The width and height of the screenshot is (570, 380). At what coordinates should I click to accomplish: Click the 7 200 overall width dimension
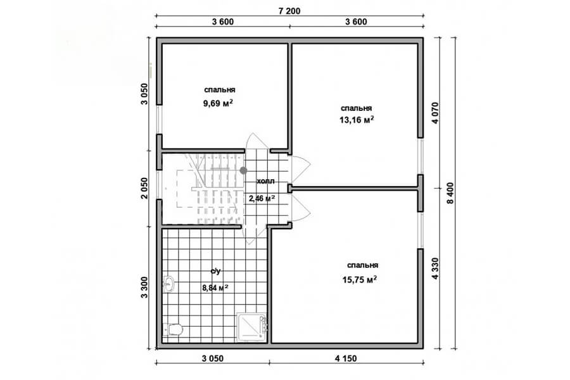click(x=289, y=11)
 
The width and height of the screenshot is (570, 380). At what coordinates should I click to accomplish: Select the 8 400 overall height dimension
click(x=450, y=193)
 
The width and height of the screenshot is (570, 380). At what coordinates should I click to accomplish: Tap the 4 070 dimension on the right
click(x=436, y=113)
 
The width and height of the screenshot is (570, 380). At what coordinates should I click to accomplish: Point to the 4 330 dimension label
click(x=436, y=269)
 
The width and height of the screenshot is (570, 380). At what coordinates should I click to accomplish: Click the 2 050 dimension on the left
click(x=144, y=188)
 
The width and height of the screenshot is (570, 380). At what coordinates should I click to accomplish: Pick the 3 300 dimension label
click(x=144, y=288)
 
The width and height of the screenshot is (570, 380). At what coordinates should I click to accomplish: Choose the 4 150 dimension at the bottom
click(x=346, y=358)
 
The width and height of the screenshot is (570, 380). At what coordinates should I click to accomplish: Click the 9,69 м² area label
click(x=218, y=103)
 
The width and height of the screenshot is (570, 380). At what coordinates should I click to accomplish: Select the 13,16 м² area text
click(x=357, y=120)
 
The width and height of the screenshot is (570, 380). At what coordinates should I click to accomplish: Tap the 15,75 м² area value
click(x=359, y=280)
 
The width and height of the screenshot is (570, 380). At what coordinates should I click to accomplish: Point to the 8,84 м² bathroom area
click(x=215, y=288)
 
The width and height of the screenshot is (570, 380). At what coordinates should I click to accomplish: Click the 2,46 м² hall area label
click(x=262, y=198)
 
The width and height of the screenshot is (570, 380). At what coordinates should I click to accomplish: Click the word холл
click(x=266, y=181)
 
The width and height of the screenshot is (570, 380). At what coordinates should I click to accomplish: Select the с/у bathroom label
click(x=215, y=271)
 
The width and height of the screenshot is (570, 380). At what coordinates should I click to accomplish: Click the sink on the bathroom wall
click(x=168, y=284)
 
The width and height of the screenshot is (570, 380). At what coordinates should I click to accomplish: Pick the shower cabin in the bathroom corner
click(x=253, y=327)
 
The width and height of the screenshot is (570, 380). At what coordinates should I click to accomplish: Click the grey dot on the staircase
click(x=243, y=170)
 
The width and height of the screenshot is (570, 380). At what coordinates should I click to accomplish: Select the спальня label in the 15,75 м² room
click(x=362, y=265)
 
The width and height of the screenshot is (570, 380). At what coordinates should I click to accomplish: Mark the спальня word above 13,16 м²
click(x=356, y=108)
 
